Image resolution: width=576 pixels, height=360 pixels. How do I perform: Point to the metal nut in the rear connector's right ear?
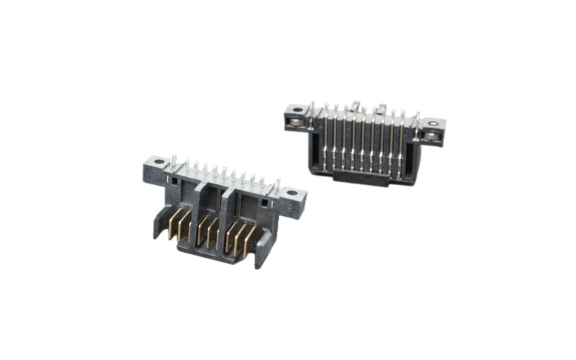click(x=431, y=135)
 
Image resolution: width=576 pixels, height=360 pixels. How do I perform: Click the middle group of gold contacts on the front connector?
click(x=209, y=230)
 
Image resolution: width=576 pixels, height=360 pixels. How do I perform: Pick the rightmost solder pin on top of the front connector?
click(x=276, y=186)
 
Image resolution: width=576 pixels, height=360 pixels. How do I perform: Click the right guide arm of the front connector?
click(x=264, y=248)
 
